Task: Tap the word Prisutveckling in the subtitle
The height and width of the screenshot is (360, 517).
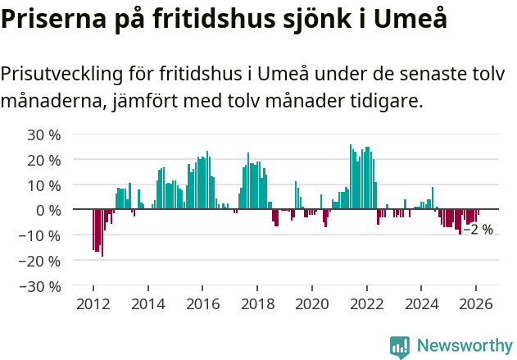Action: tap(62, 74)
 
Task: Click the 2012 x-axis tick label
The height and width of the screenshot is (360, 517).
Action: tap(93, 303)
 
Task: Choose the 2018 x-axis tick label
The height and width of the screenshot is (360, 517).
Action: tap(256, 303)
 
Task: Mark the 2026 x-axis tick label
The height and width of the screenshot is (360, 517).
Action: tap(476, 303)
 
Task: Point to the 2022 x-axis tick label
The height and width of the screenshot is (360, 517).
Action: tap(366, 303)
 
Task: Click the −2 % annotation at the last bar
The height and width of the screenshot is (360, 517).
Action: tap(478, 230)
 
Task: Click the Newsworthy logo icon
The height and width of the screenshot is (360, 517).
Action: tap(400, 347)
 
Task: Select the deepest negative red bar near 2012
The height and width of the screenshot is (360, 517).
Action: tap(102, 233)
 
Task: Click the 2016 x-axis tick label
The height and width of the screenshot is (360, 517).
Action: tap(202, 303)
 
